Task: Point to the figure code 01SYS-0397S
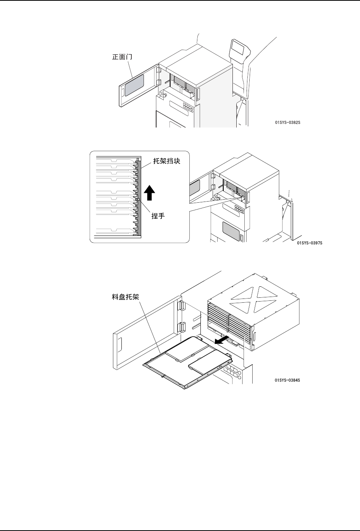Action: (x=309, y=243)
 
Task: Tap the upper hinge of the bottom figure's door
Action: (x=182, y=306)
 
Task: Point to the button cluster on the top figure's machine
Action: (x=188, y=108)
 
